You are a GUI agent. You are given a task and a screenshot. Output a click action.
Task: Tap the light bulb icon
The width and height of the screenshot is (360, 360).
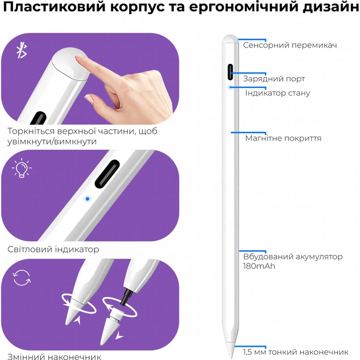point(22,169)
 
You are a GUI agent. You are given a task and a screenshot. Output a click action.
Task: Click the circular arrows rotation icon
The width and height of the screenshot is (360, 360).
point(22,278)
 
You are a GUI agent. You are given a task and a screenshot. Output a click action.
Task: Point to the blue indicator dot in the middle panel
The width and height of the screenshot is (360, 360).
point(87,199)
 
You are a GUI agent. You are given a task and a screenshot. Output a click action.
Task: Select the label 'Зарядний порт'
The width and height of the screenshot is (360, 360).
point(274,79)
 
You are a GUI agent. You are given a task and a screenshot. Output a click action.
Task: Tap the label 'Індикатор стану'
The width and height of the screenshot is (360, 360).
point(278,93)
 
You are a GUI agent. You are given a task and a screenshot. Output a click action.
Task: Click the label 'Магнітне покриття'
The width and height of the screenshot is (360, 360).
point(283,138)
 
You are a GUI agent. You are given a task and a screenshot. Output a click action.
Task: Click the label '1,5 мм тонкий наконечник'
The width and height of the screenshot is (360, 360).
point(295,352)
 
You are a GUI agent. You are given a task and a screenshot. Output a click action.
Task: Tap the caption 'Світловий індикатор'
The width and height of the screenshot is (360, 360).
point(53,250)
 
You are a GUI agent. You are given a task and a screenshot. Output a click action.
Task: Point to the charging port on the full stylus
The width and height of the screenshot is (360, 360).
point(230,72)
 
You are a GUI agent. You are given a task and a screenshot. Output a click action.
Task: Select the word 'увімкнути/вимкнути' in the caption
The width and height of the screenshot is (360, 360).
point(52,142)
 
